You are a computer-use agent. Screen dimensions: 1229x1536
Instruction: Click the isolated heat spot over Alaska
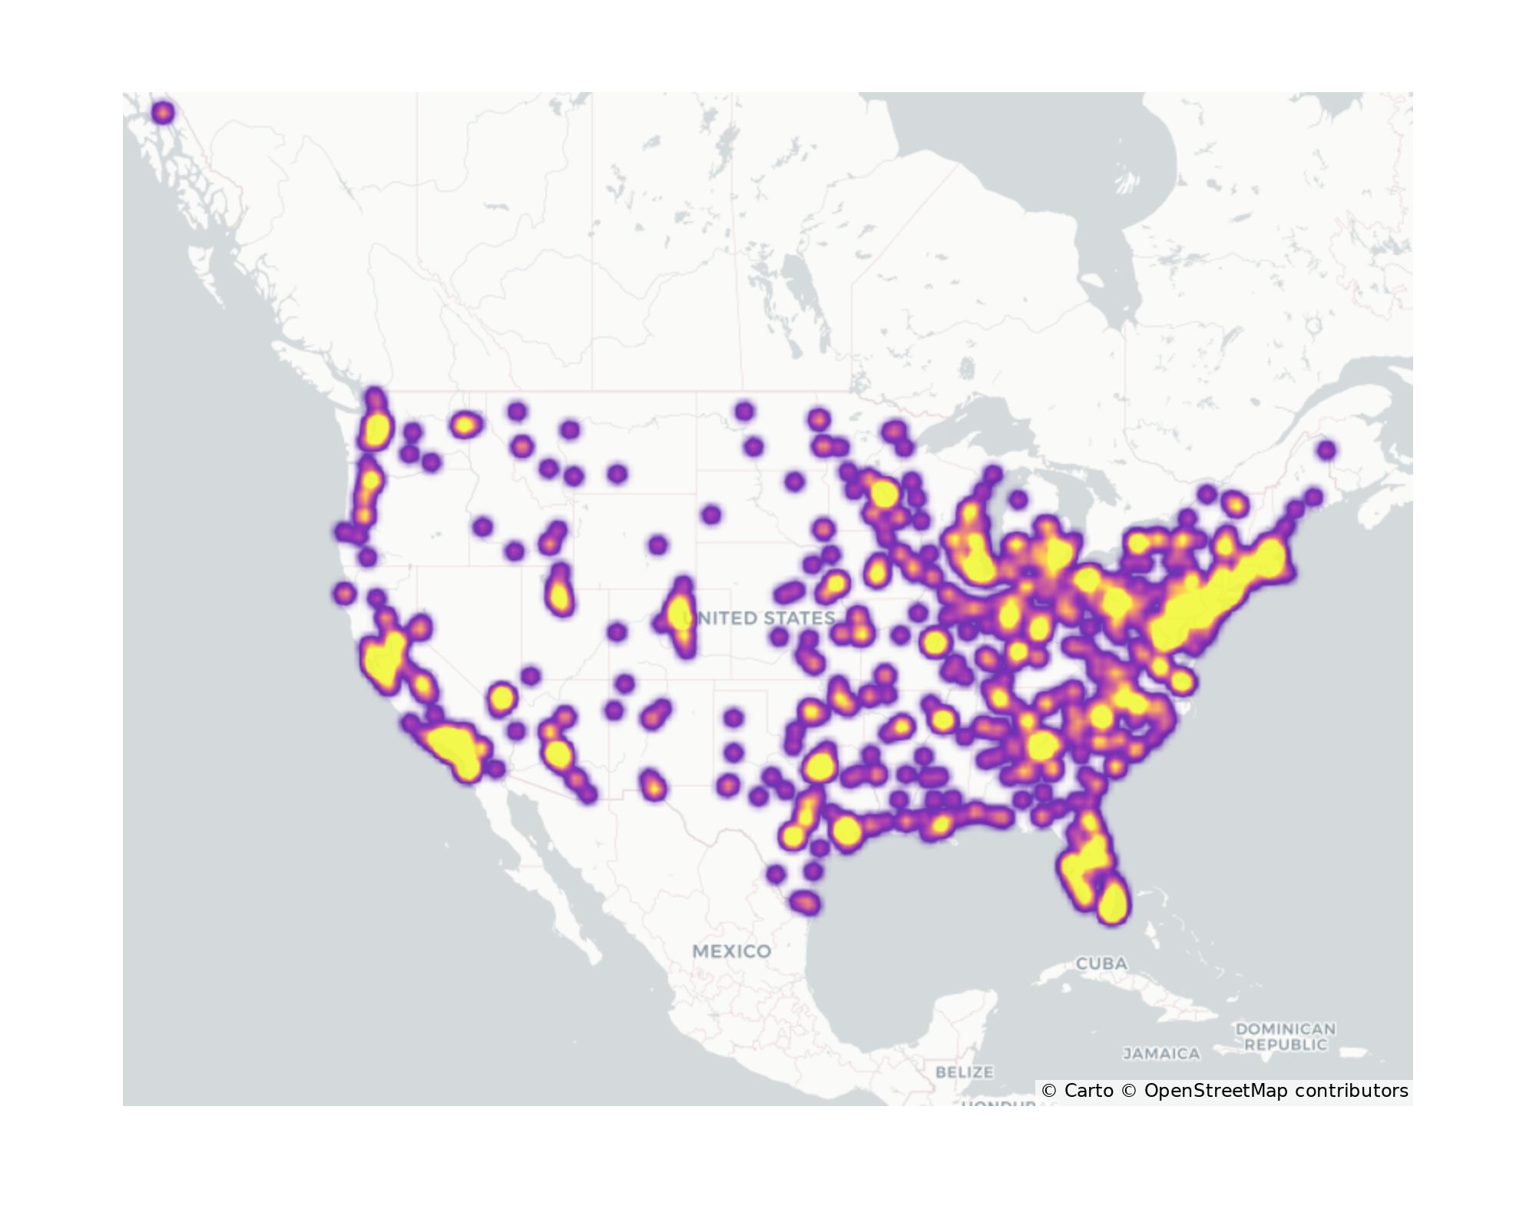click(163, 113)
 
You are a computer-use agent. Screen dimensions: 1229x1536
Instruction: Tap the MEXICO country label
click(731, 951)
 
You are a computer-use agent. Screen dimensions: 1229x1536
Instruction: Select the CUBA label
click(1101, 963)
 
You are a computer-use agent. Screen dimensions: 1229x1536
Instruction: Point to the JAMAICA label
click(1161, 1054)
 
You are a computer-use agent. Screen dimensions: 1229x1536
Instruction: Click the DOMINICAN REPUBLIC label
click(1286, 1036)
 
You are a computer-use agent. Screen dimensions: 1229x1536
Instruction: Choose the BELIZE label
click(964, 1072)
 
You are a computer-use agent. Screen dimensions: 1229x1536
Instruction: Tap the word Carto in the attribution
click(1088, 1091)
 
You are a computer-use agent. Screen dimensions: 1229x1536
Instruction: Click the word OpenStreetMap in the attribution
click(1216, 1091)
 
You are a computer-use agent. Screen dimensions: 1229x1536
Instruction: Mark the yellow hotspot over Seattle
click(376, 430)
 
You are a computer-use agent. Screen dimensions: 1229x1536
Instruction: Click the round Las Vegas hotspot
click(502, 698)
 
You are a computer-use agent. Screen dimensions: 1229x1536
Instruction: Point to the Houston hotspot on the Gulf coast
click(846, 831)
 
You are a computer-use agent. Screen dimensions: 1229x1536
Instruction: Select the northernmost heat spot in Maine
click(1326, 450)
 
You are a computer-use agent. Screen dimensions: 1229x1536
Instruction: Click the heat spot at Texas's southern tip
click(805, 903)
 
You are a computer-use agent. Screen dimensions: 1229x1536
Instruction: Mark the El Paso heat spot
click(653, 786)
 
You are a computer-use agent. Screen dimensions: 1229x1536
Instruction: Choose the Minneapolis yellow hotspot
click(882, 493)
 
